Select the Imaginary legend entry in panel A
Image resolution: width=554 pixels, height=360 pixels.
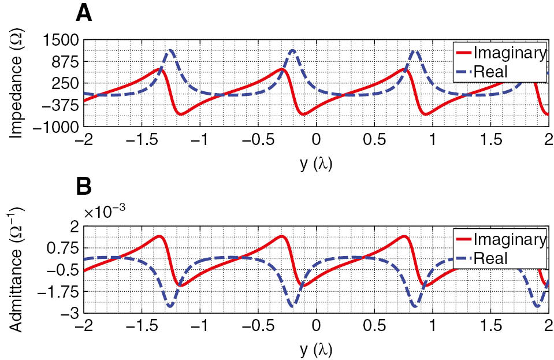[x=509, y=53]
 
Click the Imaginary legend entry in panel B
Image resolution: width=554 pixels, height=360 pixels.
[x=509, y=239]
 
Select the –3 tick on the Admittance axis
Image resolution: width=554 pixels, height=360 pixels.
[x=69, y=313]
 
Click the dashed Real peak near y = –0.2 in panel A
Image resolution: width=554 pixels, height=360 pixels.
[x=292, y=50]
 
